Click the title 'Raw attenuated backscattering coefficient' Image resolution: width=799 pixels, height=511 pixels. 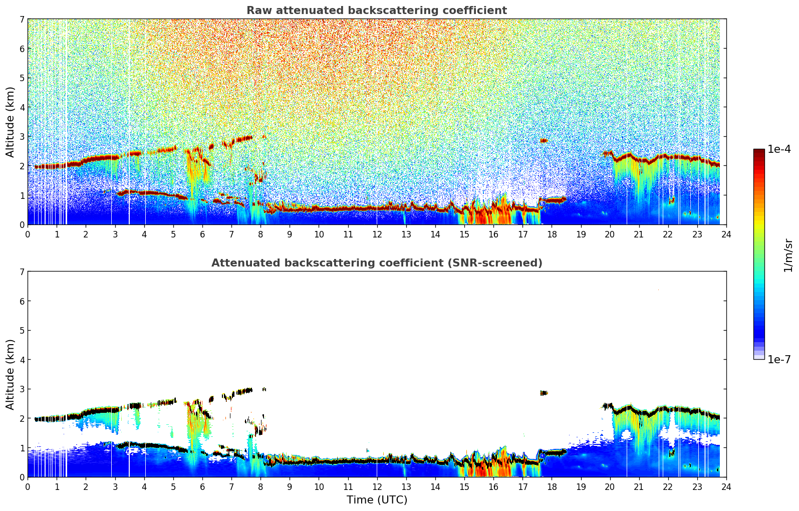click(x=376, y=11)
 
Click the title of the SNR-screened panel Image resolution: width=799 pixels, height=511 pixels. click(x=376, y=263)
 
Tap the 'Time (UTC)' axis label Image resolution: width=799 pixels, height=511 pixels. click(x=377, y=500)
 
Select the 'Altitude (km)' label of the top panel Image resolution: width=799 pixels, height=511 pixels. click(x=10, y=122)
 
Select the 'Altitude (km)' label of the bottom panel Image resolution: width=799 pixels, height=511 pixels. click(x=10, y=374)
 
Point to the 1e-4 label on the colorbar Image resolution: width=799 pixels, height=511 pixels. click(x=779, y=149)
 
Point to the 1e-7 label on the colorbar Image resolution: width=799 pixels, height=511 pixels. click(x=779, y=359)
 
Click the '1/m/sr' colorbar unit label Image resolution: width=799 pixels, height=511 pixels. click(x=788, y=255)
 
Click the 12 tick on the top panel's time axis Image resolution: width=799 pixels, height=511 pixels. click(x=377, y=234)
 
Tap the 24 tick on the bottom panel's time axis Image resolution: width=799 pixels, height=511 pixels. click(x=726, y=486)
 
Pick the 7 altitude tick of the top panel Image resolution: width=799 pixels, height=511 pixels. click(x=22, y=19)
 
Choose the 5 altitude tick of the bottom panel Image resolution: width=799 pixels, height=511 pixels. click(x=22, y=330)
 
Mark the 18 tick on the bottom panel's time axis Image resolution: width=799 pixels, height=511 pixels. click(x=552, y=486)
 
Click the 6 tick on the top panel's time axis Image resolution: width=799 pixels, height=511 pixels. click(x=202, y=234)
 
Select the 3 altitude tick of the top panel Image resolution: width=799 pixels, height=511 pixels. click(x=22, y=136)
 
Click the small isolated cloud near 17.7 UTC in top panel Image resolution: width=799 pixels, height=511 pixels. click(x=544, y=141)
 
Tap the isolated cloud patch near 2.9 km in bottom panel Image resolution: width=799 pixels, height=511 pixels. click(x=544, y=393)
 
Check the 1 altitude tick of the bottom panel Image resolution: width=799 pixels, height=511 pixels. click(x=22, y=447)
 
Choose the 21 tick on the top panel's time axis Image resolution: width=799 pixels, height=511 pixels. click(x=639, y=234)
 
